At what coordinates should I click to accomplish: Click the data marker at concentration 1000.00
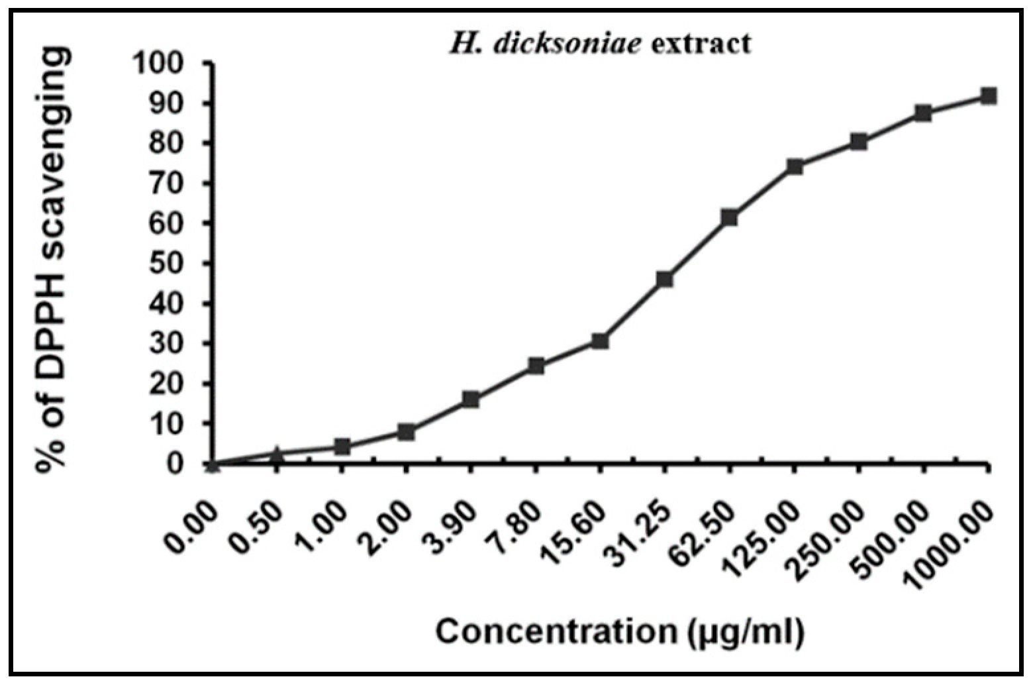988,96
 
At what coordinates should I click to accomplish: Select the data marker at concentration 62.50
729,217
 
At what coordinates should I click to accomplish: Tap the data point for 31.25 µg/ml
664,279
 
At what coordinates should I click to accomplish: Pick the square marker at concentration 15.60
600,341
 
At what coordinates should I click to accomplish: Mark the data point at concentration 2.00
406,432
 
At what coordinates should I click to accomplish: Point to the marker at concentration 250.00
859,141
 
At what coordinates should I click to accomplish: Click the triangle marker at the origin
213,464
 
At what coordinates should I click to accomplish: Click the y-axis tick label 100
166,64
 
